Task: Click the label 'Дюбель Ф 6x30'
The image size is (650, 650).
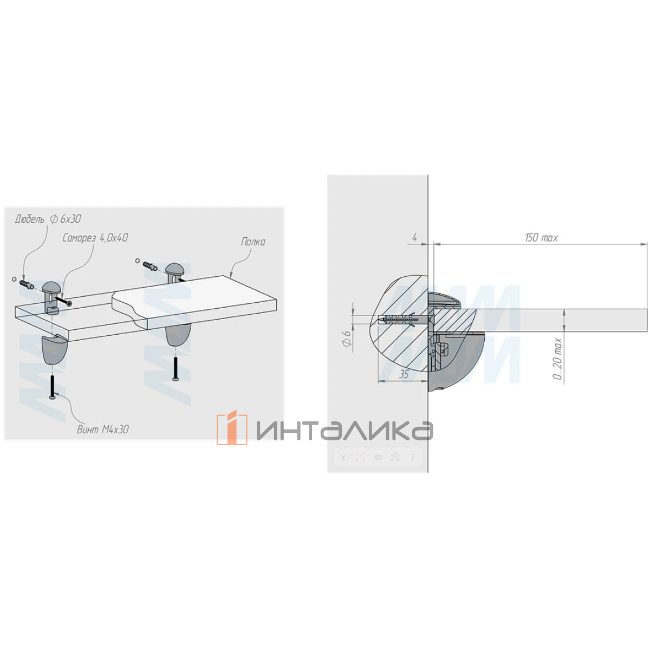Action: pos(48,219)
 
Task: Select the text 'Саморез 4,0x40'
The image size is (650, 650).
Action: pos(95,238)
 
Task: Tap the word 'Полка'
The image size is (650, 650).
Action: pos(253,242)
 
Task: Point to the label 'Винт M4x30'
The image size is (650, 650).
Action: pos(103,430)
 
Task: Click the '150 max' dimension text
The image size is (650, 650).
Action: pos(541,237)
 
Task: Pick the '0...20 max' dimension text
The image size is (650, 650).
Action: pos(558,359)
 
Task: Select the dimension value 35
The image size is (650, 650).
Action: pos(404,374)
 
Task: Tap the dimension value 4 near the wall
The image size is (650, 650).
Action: pos(415,237)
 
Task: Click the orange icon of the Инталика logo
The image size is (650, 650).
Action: pos(232,427)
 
